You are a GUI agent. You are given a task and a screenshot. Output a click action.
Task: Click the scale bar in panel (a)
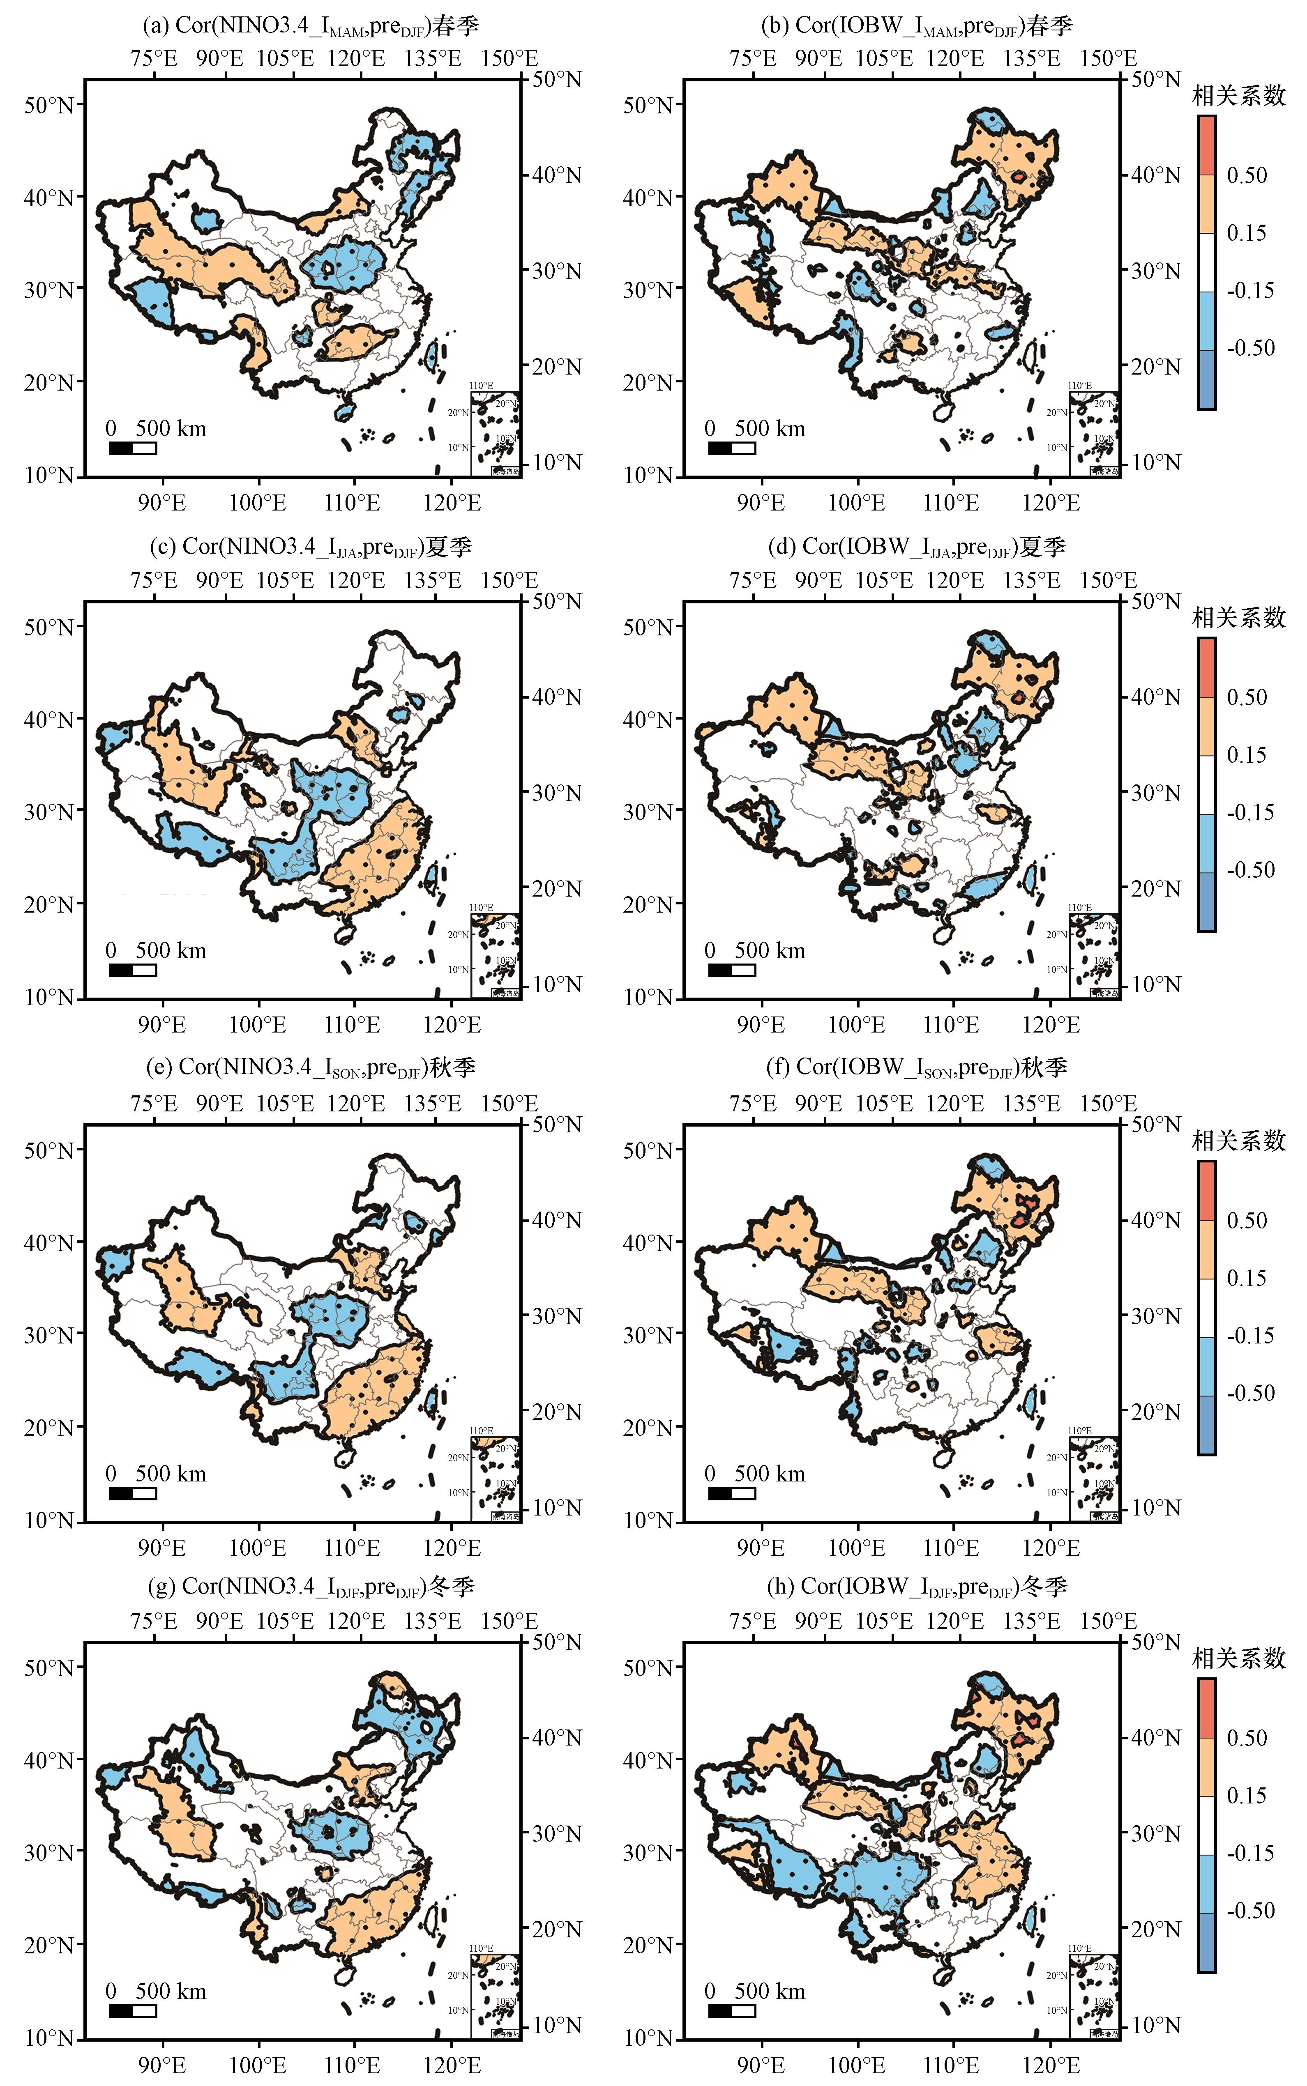[x=132, y=448]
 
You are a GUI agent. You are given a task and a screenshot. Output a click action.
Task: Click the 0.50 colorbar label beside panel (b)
[x=1247, y=175]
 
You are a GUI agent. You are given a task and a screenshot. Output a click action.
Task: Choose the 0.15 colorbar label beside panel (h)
[x=1247, y=1796]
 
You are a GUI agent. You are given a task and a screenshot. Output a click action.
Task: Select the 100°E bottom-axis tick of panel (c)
[x=258, y=1025]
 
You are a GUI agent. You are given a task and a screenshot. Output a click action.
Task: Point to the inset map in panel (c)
[x=495, y=955]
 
